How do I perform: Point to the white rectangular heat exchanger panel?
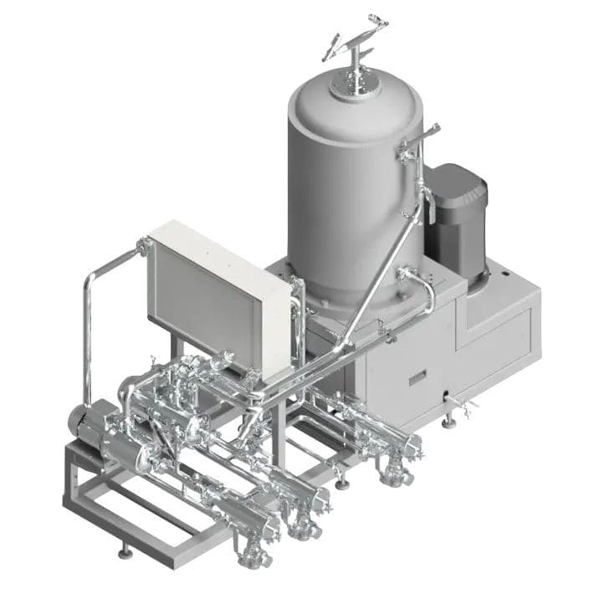tap(213, 293)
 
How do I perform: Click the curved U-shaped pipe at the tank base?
tap(422, 289)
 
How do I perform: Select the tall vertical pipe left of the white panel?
tap(87, 335)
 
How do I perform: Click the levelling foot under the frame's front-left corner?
tap(125, 551)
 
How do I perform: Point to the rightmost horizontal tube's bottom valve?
tap(393, 477)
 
